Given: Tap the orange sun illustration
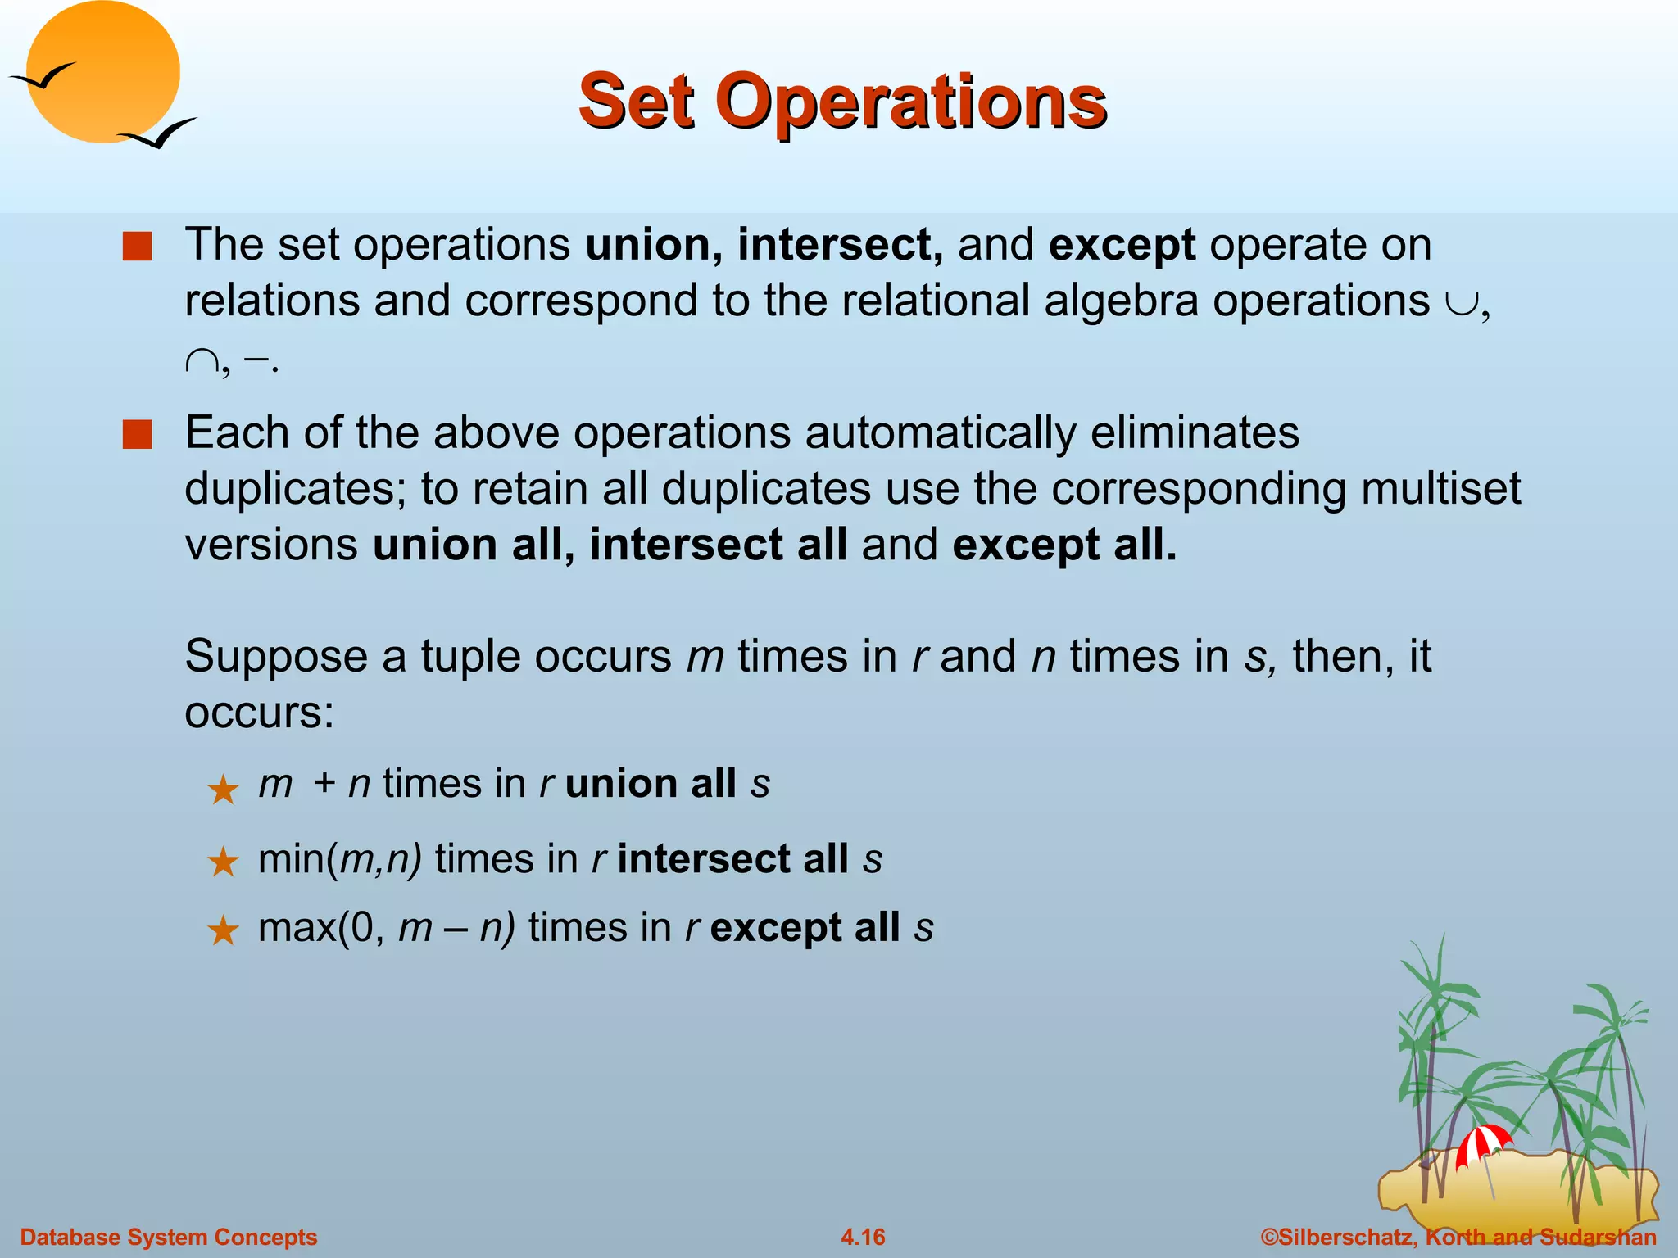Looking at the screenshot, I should (x=102, y=72).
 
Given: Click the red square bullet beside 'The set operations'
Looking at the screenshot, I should (x=137, y=246).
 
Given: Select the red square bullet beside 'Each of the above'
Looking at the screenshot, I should (x=137, y=434).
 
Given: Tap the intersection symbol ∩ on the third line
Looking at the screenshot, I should (x=202, y=361).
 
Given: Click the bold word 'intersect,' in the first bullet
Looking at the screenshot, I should (x=840, y=244).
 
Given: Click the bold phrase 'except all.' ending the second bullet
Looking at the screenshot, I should (x=1064, y=545).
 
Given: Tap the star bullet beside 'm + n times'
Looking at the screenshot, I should (x=223, y=790).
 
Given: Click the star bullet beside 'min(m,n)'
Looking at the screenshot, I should (x=223, y=862).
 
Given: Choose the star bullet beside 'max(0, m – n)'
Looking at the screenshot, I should (x=223, y=931).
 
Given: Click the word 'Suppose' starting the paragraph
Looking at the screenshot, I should (x=276, y=657).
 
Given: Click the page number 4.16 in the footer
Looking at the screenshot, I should (x=863, y=1237).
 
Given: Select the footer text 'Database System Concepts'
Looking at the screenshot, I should (x=169, y=1237).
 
